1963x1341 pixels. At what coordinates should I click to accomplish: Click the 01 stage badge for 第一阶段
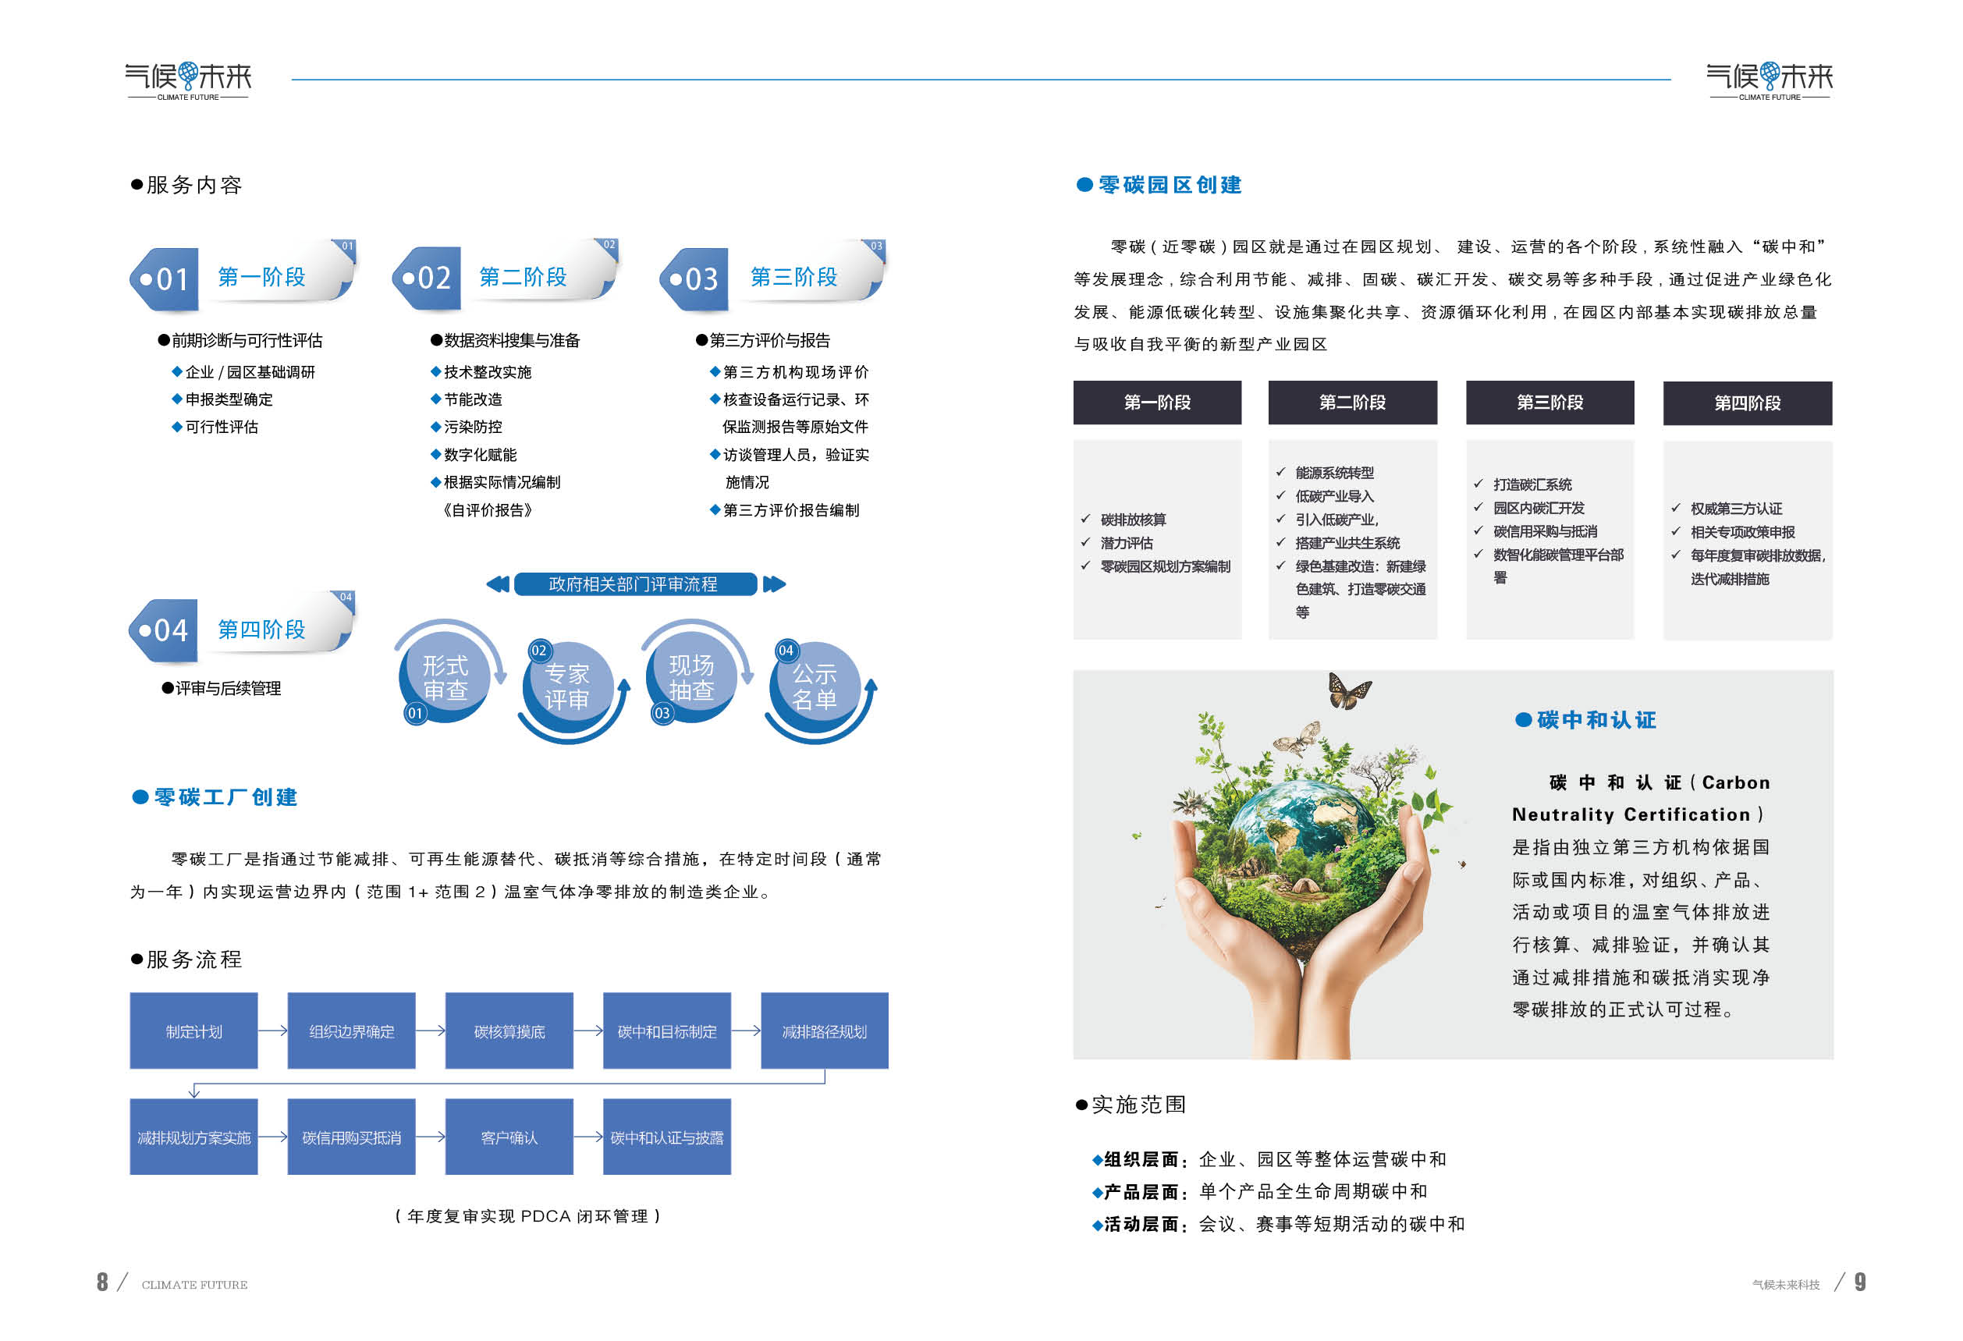pyautogui.click(x=164, y=278)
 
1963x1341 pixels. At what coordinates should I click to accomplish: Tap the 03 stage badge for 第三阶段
pyautogui.click(x=694, y=278)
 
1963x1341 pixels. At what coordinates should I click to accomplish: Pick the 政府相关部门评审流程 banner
pyautogui.click(x=635, y=584)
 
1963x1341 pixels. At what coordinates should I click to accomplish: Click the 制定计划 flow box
pyautogui.click(x=193, y=1031)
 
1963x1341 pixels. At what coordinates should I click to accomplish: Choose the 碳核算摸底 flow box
pyautogui.click(x=509, y=1031)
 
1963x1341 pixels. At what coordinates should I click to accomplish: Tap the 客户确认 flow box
pyautogui.click(x=509, y=1137)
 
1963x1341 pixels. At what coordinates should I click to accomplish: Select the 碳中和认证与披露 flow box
pyautogui.click(x=667, y=1137)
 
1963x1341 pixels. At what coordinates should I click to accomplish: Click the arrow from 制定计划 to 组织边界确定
pyautogui.click(x=273, y=1031)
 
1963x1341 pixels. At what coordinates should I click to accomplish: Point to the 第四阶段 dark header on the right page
pyautogui.click(x=1748, y=403)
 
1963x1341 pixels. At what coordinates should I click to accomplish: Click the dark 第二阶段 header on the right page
pyautogui.click(x=1352, y=403)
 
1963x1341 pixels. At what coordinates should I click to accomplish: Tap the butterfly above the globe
pyautogui.click(x=1349, y=690)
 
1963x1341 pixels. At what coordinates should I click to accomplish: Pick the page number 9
pyautogui.click(x=1860, y=1282)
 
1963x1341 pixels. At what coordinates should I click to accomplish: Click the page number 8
pyautogui.click(x=102, y=1282)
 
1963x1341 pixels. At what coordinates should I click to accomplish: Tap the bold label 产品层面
pyautogui.click(x=1141, y=1191)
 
